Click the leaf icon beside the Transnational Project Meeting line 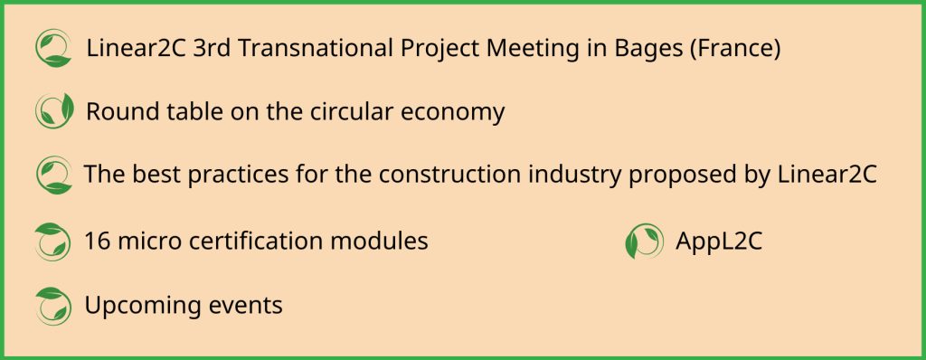(53, 49)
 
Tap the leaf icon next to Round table (54, 110)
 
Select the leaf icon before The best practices (53, 175)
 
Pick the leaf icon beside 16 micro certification (53, 242)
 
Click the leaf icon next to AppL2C (644, 242)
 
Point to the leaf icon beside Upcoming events (53, 307)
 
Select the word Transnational (316, 49)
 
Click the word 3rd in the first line (212, 49)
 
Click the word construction (457, 175)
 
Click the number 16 (98, 242)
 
